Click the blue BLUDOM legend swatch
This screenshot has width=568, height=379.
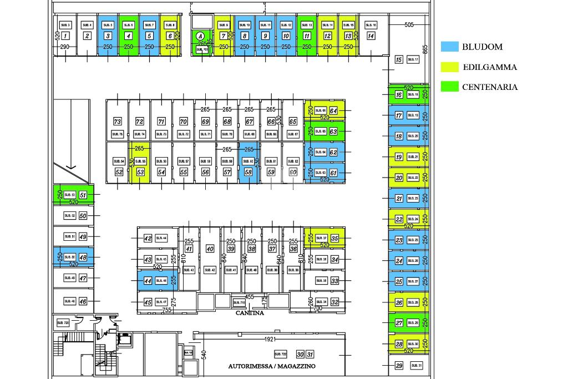point(449,47)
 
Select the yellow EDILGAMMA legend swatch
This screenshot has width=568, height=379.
point(449,67)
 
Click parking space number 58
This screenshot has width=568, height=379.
point(248,173)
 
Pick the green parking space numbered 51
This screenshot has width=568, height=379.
point(83,195)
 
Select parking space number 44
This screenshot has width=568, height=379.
point(148,281)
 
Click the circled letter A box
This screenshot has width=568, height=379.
point(200,37)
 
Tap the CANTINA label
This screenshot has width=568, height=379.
point(250,313)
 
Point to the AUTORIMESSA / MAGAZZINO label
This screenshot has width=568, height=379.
point(272,366)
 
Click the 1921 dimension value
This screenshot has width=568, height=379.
point(270,338)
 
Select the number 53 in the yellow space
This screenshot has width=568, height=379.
point(140,173)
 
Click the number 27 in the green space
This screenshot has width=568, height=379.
point(399,323)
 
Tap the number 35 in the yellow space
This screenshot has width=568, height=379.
point(334,239)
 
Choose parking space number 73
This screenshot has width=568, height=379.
point(117,122)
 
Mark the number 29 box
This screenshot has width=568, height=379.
point(399,366)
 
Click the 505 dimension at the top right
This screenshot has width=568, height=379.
point(409,25)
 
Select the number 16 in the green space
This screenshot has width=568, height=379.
point(399,95)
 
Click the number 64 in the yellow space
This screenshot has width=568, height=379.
point(333,111)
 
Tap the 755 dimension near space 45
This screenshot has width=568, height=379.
point(166,310)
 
